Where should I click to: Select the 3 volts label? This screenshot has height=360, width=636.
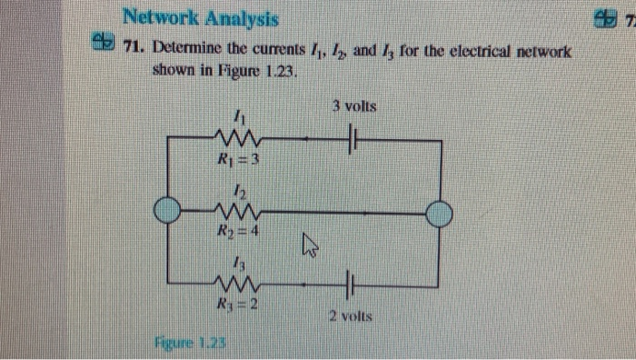click(354, 107)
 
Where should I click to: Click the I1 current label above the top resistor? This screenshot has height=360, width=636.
click(238, 118)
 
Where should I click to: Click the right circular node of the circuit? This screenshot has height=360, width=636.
click(439, 215)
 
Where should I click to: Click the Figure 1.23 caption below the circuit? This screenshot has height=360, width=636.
click(190, 345)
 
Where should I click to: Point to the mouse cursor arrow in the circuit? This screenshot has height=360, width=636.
click(307, 244)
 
